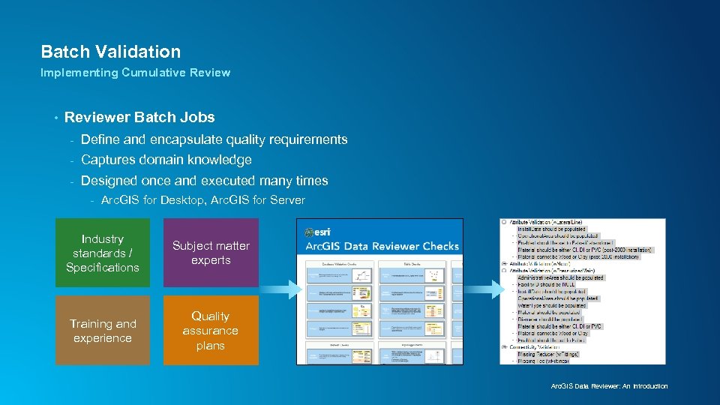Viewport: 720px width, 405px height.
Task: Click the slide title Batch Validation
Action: click(x=110, y=52)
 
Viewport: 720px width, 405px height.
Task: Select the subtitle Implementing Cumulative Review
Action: click(x=135, y=73)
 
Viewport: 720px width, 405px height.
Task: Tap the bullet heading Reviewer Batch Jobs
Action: click(x=139, y=117)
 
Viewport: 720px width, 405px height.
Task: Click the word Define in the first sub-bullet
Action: click(x=99, y=139)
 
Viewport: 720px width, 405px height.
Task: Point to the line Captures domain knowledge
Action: click(x=166, y=160)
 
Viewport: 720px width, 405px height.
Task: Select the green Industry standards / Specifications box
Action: click(x=103, y=253)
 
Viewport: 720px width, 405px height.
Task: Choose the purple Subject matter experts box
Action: click(x=211, y=253)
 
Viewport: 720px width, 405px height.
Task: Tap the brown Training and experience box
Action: click(x=103, y=331)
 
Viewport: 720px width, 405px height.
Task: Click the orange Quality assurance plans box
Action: click(x=211, y=331)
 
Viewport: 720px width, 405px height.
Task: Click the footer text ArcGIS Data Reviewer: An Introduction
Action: click(x=609, y=386)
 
